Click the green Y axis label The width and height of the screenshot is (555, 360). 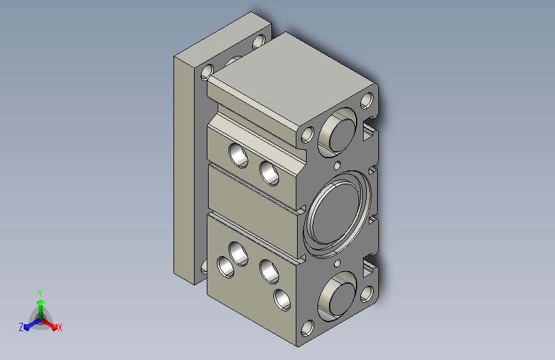[40, 293]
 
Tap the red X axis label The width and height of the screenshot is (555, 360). [60, 327]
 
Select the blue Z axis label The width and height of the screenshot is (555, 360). [21, 327]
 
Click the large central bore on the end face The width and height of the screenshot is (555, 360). [337, 215]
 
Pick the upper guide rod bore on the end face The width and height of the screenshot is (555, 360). [337, 132]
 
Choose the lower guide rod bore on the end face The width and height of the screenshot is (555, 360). [337, 296]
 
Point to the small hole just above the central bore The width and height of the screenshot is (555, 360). [337, 165]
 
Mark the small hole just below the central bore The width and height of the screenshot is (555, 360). [337, 263]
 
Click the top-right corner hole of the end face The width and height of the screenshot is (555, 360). [367, 101]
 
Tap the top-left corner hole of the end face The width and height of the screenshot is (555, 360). [307, 135]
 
